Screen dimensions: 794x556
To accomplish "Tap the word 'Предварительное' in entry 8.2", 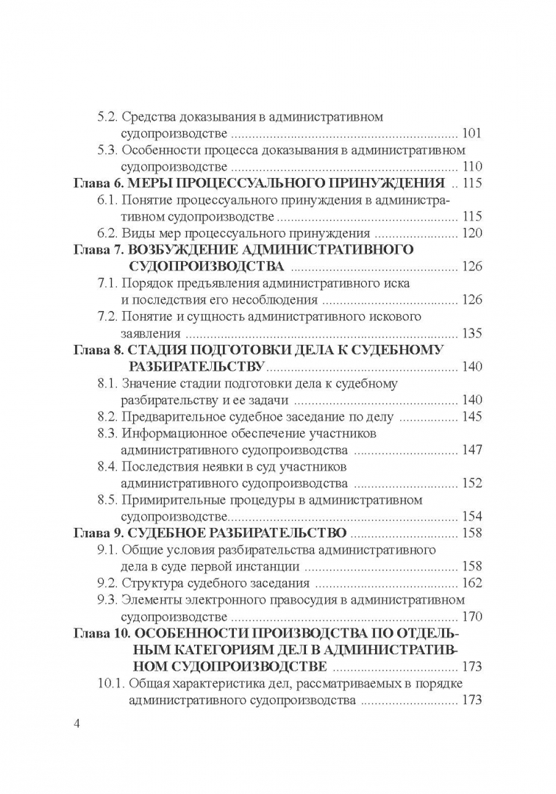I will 167,417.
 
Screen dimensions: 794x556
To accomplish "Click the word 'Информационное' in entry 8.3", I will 169,433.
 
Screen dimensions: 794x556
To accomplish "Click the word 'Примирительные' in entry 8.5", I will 168,500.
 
